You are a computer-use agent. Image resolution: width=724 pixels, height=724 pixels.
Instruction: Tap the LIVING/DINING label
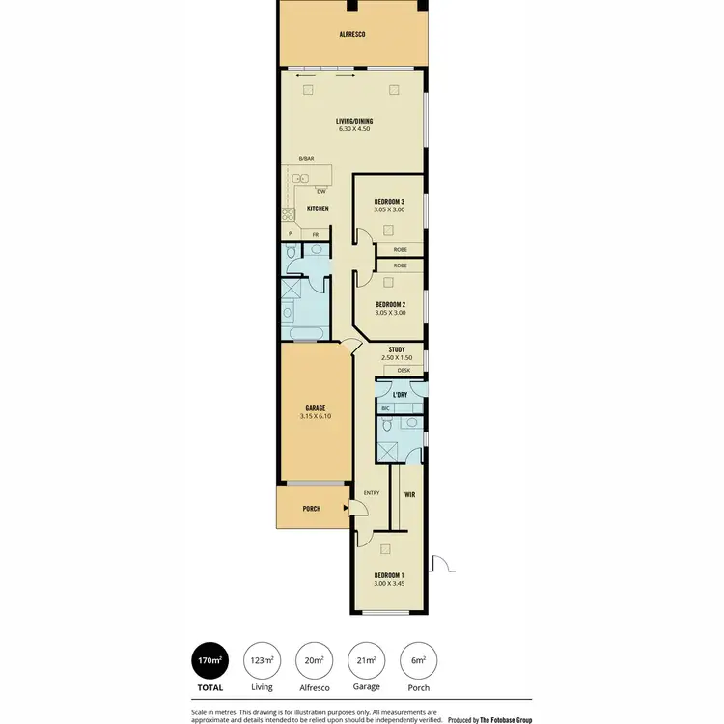coord(355,120)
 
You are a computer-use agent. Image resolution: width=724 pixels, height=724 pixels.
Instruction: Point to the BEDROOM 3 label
coord(388,201)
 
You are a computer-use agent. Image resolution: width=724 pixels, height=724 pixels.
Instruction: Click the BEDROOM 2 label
coord(390,304)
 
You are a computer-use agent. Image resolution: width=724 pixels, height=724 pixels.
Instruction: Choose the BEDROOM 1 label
coord(389,576)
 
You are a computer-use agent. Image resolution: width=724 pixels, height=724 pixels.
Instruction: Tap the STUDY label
coord(396,349)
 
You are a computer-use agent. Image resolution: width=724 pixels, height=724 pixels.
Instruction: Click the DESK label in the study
coord(404,370)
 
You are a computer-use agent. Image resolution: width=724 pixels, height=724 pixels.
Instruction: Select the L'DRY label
coord(400,394)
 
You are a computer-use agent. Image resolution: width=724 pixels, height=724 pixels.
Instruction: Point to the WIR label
coord(409,494)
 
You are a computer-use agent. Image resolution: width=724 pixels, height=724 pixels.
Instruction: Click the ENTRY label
coord(371,494)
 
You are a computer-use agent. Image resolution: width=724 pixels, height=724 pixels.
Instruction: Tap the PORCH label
coord(311,509)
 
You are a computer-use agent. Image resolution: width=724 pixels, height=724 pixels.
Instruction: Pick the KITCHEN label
coord(318,209)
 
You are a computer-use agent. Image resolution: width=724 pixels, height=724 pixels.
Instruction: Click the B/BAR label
coord(306,158)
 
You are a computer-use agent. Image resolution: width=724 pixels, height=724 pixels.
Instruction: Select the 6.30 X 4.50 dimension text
coord(355,129)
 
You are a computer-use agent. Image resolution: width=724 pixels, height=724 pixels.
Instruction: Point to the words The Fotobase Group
coord(505,719)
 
